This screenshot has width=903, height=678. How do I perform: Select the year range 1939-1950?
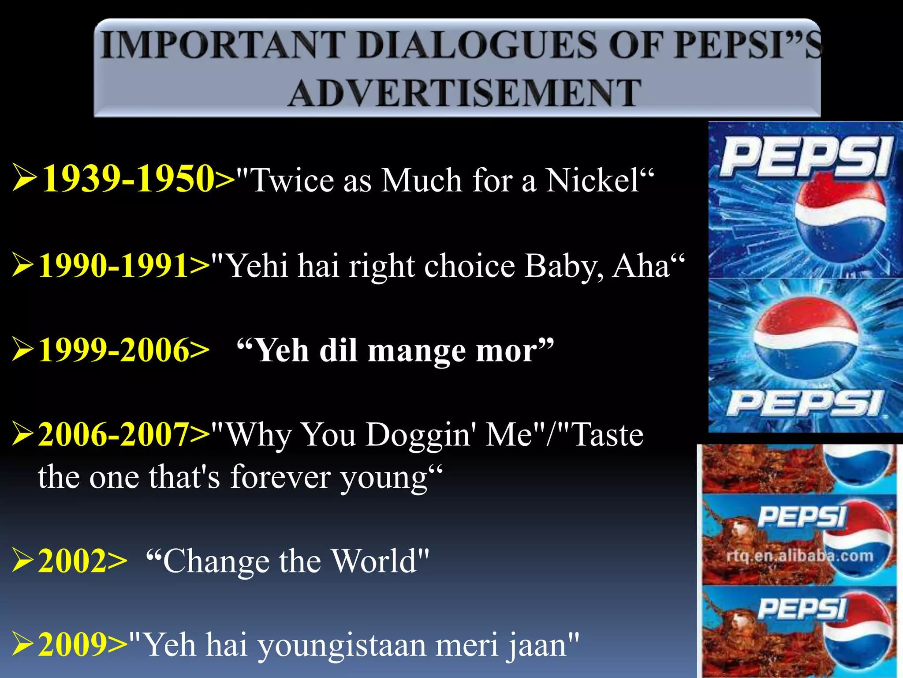click(128, 178)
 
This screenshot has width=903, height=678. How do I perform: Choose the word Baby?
click(562, 266)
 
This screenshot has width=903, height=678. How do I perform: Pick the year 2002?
click(73, 561)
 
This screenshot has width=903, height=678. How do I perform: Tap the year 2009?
click(73, 644)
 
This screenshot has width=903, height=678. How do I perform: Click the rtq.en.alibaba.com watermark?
click(799, 556)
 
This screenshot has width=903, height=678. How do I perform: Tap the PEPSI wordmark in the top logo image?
click(805, 156)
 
